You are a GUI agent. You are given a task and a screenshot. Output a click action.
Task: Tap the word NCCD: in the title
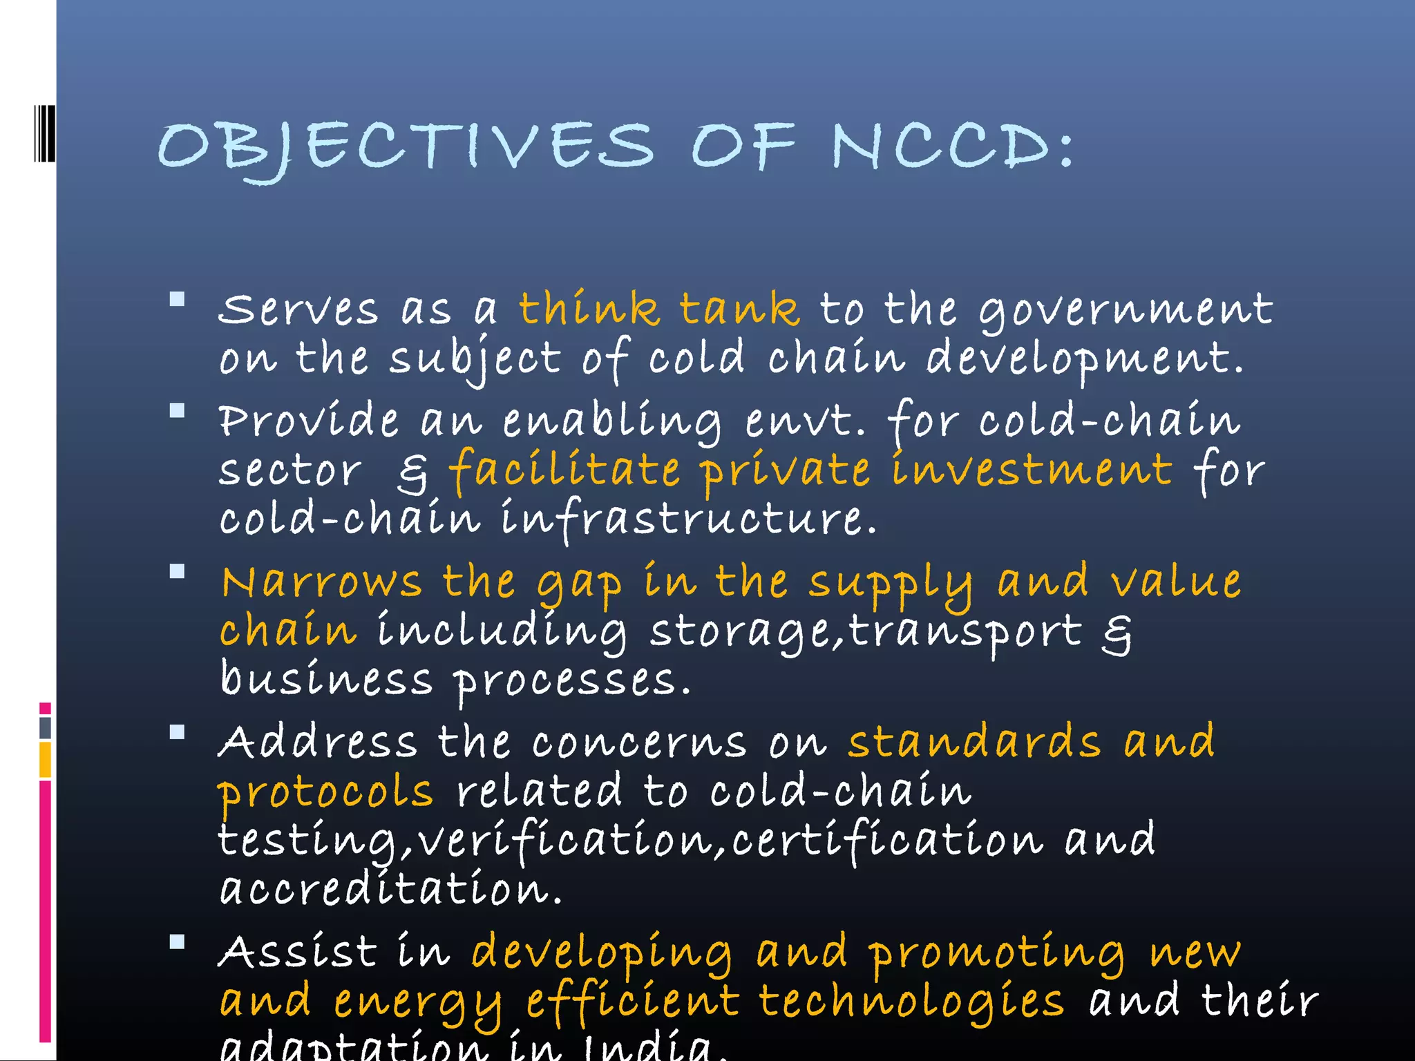952,146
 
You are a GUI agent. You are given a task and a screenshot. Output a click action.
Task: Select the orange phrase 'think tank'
659,309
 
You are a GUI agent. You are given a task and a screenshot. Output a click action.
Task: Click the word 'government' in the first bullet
1126,310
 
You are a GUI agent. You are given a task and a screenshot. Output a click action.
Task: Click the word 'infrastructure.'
688,519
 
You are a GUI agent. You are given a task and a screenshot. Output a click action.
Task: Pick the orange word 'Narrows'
321,582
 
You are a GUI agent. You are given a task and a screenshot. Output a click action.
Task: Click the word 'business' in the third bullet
325,680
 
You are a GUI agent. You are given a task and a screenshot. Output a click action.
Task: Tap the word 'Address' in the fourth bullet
318,742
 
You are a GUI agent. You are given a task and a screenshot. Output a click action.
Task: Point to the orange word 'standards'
974,742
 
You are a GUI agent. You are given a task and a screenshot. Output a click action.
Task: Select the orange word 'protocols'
325,793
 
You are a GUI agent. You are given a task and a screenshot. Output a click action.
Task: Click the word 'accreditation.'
391,890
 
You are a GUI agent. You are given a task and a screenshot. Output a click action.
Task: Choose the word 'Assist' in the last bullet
298,952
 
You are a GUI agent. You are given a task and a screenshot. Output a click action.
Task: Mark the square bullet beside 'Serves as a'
178,299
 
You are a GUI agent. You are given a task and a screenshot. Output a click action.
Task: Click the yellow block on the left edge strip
45,759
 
